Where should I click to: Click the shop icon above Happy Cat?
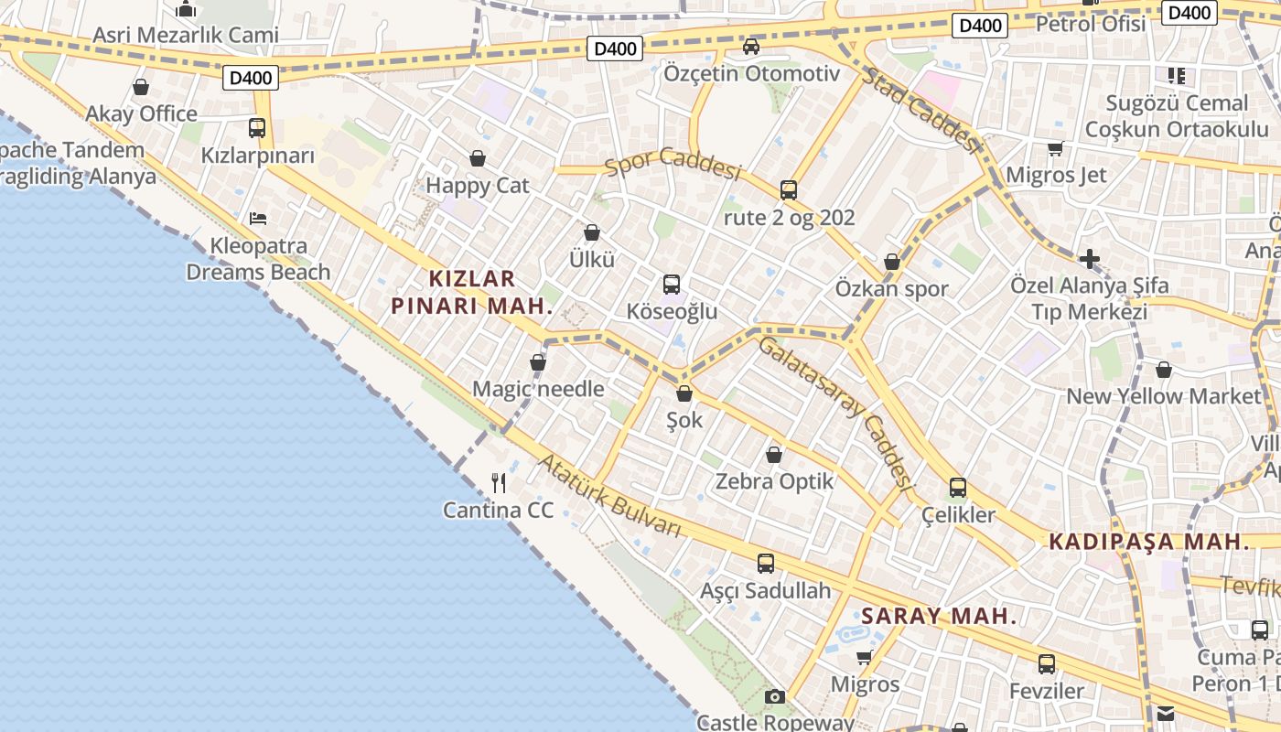(477, 158)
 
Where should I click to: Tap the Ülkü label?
(592, 259)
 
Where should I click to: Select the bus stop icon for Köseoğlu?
(672, 284)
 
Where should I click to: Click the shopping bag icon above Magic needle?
(538, 362)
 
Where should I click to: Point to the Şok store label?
(684, 420)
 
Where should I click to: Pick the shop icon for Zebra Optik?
(774, 454)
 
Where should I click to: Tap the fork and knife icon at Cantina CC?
(499, 482)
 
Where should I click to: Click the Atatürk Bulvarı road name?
(610, 496)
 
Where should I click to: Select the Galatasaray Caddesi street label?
(836, 411)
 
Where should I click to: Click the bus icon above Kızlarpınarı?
(257, 128)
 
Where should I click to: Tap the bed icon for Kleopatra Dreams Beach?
(258, 218)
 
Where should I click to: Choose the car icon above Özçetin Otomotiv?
(751, 46)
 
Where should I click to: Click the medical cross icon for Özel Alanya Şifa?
(1089, 259)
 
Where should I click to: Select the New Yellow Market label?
(1164, 396)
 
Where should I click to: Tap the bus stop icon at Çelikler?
(958, 488)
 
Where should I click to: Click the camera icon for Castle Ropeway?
(775, 697)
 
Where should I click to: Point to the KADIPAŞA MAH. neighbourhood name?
(1148, 541)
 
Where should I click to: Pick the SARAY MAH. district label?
(939, 616)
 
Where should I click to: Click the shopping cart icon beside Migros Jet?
(1055, 148)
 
